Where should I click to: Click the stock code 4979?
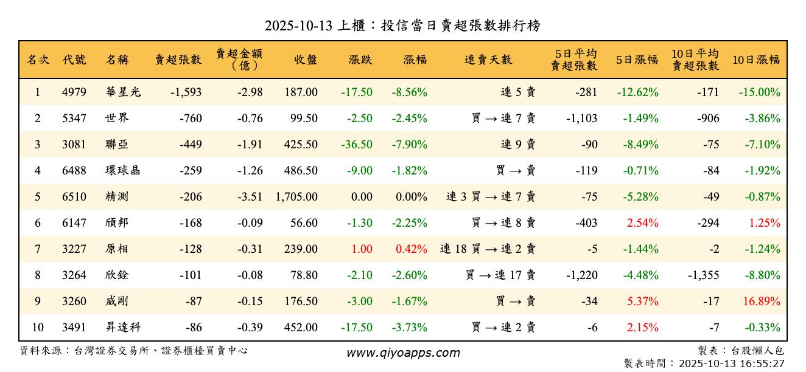pyautogui.click(x=74, y=92)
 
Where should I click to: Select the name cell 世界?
pyautogui.click(x=117, y=119)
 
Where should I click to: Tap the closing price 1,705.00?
pyautogui.click(x=296, y=197)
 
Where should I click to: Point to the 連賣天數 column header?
pyautogui.click(x=488, y=60)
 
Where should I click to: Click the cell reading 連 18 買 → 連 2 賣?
pyautogui.click(x=488, y=249)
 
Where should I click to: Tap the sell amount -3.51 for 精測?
pyautogui.click(x=248, y=197)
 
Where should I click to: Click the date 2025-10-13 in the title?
pyautogui.click(x=299, y=26)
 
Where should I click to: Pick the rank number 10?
pyautogui.click(x=38, y=328)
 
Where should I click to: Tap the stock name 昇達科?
pyautogui.click(x=123, y=328)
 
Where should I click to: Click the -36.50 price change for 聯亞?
pyautogui.click(x=357, y=145)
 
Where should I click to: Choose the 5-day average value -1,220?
pyautogui.click(x=581, y=275)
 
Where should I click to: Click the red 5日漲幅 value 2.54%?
pyautogui.click(x=642, y=223)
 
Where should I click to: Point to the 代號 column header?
pyautogui.click(x=74, y=60)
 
